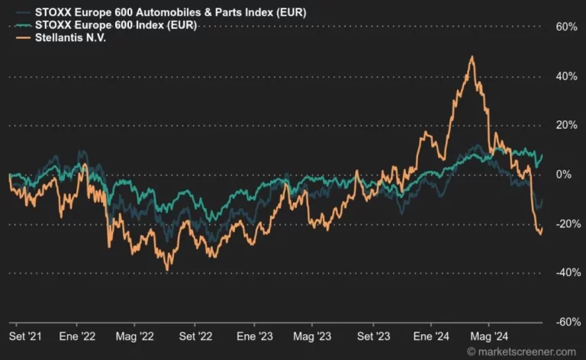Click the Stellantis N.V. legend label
71,37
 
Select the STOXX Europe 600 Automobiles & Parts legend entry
170,12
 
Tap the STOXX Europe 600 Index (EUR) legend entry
116,25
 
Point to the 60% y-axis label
567,27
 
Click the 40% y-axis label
567,76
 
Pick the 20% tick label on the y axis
567,125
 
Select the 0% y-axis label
564,175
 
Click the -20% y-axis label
568,224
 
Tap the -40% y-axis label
568,272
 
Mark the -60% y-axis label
568,322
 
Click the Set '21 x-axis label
25,336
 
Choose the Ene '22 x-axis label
77,336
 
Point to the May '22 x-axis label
134,337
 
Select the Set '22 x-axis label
195,336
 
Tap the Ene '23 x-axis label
255,336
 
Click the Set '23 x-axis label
373,336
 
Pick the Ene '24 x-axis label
431,336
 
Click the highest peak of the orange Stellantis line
472,56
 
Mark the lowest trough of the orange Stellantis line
167,270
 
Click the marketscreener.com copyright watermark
522,352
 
